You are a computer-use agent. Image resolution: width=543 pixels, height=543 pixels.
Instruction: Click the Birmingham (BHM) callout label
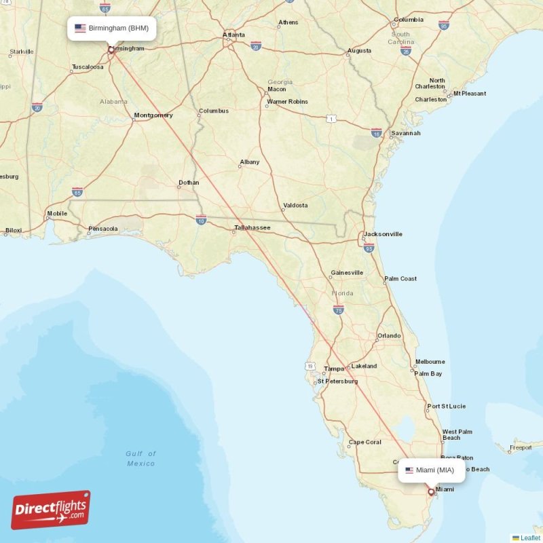click(x=112, y=29)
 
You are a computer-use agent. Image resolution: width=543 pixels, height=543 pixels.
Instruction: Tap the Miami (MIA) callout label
click(x=432, y=470)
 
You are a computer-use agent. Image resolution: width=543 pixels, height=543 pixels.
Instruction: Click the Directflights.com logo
click(x=51, y=510)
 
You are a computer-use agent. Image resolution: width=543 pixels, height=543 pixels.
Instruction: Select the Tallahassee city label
click(x=252, y=227)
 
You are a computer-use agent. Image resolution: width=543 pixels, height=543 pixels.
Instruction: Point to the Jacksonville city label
click(x=383, y=234)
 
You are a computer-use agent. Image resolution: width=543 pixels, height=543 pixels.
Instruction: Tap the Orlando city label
click(x=389, y=335)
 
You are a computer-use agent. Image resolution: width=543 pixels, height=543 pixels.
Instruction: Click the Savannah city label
click(x=405, y=133)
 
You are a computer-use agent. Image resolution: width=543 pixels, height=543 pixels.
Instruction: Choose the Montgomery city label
click(x=153, y=115)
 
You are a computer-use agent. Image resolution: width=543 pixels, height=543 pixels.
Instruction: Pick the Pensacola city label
click(x=103, y=229)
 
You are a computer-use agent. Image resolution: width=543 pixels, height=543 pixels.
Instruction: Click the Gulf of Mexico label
click(x=141, y=458)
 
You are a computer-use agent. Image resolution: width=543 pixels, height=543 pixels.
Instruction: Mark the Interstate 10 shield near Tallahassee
click(x=201, y=219)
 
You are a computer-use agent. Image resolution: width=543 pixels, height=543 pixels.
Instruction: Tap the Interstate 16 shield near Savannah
click(x=376, y=132)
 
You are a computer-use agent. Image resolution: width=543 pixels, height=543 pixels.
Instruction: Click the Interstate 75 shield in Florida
click(x=338, y=310)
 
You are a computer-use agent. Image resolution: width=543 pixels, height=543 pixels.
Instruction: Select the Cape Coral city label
click(x=364, y=443)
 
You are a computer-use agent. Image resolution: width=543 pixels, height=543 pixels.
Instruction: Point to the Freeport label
click(x=521, y=447)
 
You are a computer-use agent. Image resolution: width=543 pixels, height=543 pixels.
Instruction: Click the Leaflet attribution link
click(x=529, y=538)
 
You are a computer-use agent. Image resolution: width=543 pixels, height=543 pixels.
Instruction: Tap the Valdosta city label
click(x=295, y=205)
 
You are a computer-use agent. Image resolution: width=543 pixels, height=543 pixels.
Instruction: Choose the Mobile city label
click(x=57, y=214)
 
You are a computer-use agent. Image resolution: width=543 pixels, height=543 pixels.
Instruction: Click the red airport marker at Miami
click(x=430, y=492)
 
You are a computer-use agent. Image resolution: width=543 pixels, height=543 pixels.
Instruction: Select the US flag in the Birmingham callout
click(x=80, y=29)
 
